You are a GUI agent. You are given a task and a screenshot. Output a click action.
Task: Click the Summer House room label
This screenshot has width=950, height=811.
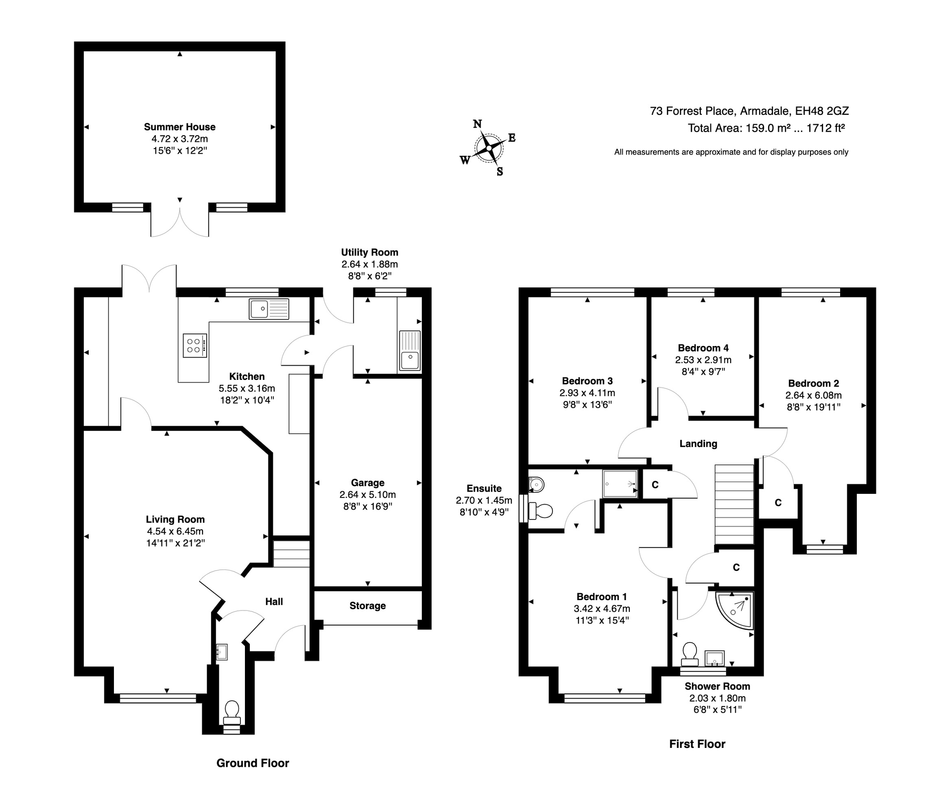coord(179,127)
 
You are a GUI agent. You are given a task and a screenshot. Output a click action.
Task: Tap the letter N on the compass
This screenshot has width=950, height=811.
coord(477,124)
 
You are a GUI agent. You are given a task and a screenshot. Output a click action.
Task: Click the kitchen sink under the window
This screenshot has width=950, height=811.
coord(269,309)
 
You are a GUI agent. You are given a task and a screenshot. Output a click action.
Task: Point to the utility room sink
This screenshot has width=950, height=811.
coord(410,351)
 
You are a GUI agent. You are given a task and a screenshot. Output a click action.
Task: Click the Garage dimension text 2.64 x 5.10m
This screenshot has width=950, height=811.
coord(367,495)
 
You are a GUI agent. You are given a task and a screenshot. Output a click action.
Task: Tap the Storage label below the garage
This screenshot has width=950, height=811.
coord(367,606)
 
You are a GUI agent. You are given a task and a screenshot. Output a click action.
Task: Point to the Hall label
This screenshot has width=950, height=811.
coord(274,601)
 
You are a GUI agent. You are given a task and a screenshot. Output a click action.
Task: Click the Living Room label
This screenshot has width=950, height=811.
coord(175,519)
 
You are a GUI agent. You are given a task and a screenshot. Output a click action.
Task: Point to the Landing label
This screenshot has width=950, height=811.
coord(698,444)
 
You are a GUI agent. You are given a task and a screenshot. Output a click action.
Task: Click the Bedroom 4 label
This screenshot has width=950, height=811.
coord(703,348)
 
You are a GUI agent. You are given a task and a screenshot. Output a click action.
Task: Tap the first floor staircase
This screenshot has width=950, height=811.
coord(734,504)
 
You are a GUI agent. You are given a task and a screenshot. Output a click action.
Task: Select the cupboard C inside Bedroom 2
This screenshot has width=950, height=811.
coord(778,503)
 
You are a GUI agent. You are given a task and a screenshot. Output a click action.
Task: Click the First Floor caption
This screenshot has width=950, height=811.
coord(697,743)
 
